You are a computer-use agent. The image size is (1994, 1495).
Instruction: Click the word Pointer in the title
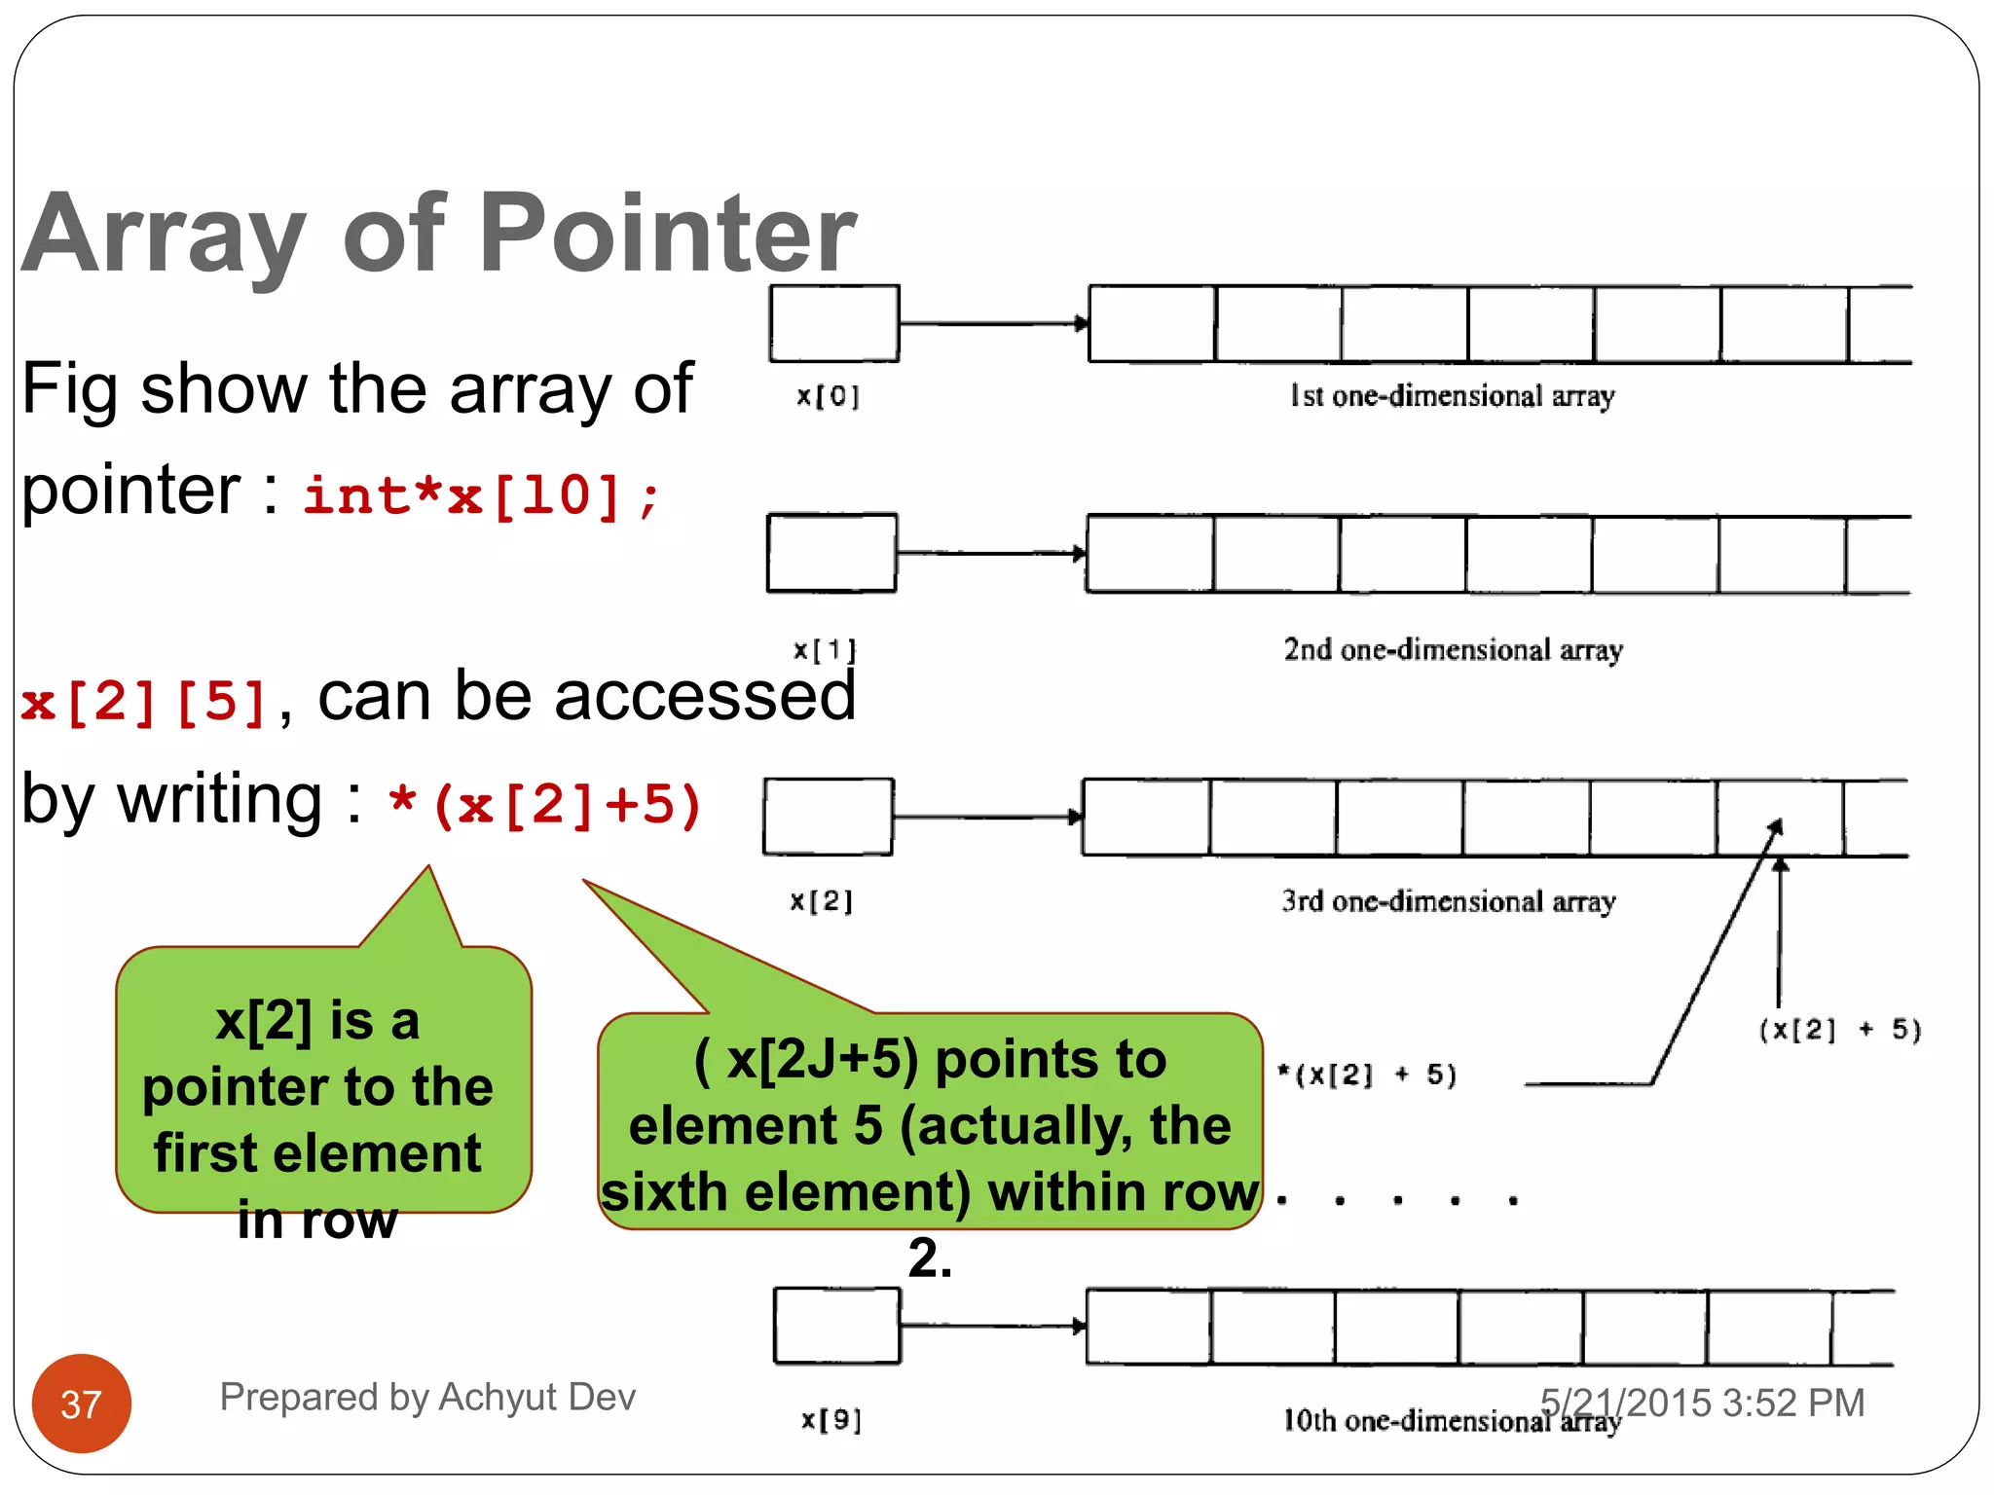tap(667, 234)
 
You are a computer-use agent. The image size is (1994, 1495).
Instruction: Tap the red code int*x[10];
tap(482, 496)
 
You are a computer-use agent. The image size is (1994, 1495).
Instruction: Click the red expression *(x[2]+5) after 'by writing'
tap(545, 806)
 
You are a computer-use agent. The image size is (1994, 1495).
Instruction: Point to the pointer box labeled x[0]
tap(833, 323)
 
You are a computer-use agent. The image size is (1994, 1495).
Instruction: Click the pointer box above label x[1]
tap(831, 553)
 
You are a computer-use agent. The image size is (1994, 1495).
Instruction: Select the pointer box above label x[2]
tap(828, 817)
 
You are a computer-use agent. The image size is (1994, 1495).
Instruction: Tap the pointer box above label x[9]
tap(836, 1326)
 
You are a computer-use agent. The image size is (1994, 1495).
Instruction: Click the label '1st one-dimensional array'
tap(1452, 396)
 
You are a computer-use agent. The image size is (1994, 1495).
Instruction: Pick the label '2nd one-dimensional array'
tap(1453, 649)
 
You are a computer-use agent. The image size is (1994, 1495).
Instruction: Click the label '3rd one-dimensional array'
tap(1448, 901)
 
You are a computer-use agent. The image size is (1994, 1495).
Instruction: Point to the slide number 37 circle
tap(82, 1404)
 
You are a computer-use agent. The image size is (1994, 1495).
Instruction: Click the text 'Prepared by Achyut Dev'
tap(427, 1397)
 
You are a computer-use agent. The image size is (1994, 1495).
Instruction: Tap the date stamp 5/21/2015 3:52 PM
tap(1702, 1403)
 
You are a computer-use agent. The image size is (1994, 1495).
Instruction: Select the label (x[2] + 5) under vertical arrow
tap(1839, 1030)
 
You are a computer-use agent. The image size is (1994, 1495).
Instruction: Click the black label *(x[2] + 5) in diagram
tap(1367, 1075)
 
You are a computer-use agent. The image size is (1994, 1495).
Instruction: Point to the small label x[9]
tap(831, 1420)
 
